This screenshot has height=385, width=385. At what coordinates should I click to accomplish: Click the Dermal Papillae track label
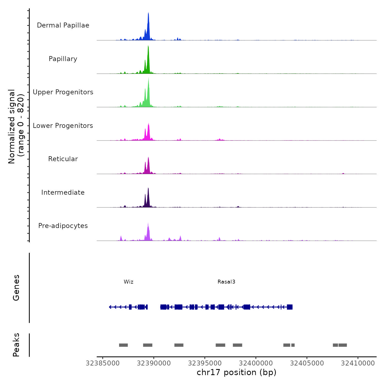(x=63, y=25)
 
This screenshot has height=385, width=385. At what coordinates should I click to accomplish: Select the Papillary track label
(x=63, y=59)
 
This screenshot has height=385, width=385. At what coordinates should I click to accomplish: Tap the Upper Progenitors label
(x=63, y=92)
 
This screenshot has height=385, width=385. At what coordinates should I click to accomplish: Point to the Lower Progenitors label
(x=63, y=126)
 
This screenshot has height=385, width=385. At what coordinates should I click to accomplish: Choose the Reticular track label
(x=63, y=159)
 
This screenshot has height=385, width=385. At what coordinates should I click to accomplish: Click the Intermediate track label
(x=63, y=193)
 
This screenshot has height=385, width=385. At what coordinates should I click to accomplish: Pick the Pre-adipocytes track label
(x=63, y=226)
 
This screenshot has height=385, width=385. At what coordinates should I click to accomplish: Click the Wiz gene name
(x=128, y=282)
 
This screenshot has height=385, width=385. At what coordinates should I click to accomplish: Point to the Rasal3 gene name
(x=226, y=282)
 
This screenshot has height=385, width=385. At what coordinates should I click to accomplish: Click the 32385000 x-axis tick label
(x=103, y=363)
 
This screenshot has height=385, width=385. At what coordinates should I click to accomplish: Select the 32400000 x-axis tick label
(x=256, y=363)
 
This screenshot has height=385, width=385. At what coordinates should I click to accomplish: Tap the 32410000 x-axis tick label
(x=358, y=363)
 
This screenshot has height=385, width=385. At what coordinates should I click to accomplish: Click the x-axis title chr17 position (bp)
(x=237, y=372)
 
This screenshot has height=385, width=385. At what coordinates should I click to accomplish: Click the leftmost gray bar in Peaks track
(x=123, y=345)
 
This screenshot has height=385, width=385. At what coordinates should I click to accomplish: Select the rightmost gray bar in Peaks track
(x=343, y=345)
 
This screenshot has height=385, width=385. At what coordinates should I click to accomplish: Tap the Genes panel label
(x=16, y=288)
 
